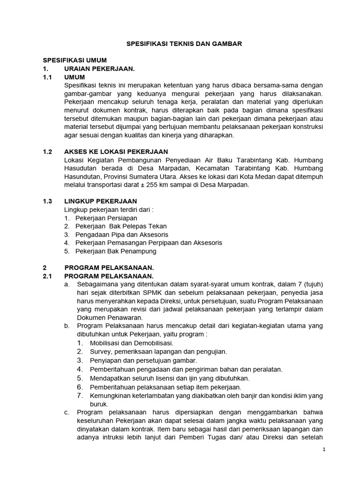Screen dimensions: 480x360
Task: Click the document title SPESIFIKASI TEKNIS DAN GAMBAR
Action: click(184, 44)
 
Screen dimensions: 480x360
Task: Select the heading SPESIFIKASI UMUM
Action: click(75, 60)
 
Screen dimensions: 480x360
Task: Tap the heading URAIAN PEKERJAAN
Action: click(99, 69)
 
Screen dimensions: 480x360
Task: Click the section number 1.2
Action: click(48, 152)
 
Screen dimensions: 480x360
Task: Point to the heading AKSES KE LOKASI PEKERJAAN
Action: click(116, 152)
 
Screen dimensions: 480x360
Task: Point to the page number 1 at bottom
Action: click(323, 450)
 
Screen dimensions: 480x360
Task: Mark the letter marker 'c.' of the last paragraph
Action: click(67, 412)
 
